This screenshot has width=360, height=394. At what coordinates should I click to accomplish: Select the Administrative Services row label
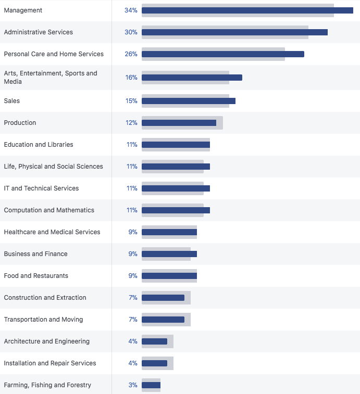39,32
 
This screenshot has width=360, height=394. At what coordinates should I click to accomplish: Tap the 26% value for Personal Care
131,54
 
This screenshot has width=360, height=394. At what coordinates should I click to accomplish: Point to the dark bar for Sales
188,101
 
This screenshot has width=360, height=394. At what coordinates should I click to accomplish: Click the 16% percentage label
131,78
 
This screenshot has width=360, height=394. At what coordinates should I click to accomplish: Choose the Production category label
20,123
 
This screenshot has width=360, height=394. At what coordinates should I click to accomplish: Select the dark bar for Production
179,123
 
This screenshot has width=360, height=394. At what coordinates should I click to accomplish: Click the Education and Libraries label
39,145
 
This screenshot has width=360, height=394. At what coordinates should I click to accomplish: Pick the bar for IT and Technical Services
176,188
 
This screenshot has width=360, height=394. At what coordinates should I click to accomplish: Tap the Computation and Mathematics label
49,210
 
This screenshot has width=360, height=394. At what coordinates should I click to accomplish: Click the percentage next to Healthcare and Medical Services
133,232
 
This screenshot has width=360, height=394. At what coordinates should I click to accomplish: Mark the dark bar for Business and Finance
169,254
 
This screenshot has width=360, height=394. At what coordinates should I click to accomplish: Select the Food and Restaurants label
36,276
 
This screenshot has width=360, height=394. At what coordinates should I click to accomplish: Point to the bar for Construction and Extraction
163,298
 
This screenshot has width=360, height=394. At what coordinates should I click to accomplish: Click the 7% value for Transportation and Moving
133,320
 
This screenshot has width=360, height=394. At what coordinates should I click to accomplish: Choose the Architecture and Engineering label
47,341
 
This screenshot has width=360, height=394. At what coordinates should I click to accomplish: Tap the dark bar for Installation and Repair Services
154,363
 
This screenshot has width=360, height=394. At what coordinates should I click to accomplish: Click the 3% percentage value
133,385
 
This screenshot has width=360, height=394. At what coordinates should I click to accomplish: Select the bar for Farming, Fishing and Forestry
151,385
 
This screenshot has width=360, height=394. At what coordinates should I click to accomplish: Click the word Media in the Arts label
13,82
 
